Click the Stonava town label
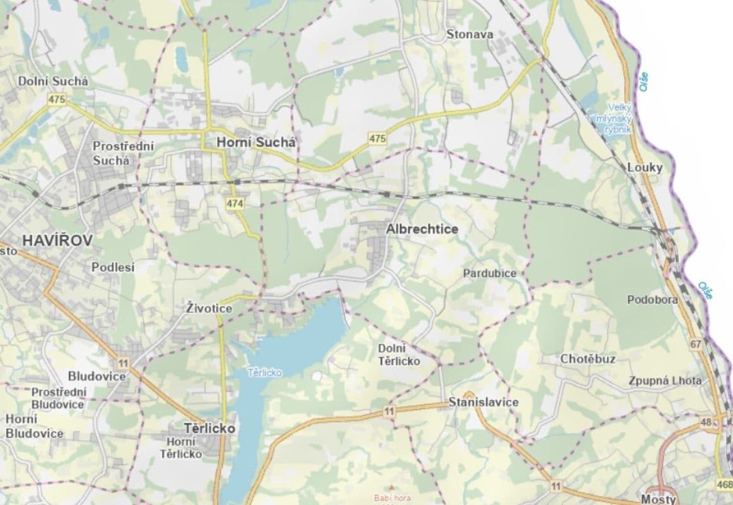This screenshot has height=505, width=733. coord(469,35)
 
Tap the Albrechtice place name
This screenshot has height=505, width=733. coord(422,230)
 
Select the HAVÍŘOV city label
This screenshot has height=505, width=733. coord(57,241)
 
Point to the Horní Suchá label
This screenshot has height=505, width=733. coord(255,143)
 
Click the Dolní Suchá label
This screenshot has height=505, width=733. coord(53,81)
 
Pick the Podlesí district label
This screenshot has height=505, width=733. coord(113,267)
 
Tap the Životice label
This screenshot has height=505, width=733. coord(209,309)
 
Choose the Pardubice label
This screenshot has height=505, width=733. coord(490,273)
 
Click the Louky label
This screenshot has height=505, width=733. coord(645,168)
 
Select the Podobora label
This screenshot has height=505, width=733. coord(652,300)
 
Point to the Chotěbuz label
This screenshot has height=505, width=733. coord(588,359)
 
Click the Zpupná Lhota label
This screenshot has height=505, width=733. coord(664,381)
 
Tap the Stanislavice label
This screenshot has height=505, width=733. coord(483,403)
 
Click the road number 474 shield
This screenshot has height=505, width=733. coord(234,203)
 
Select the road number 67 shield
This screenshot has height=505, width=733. coord(696,345)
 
